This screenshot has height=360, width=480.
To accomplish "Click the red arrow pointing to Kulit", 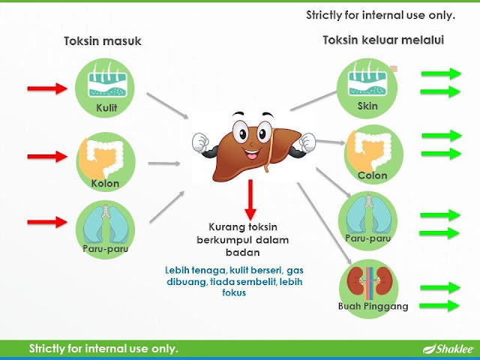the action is (46, 89).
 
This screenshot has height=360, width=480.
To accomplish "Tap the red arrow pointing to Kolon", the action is (46, 157).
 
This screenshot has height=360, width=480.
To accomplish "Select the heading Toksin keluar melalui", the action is (382, 40).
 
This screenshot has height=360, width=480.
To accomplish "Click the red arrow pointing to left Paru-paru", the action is (46, 222).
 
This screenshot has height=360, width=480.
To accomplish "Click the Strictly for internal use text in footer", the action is (103, 349).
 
